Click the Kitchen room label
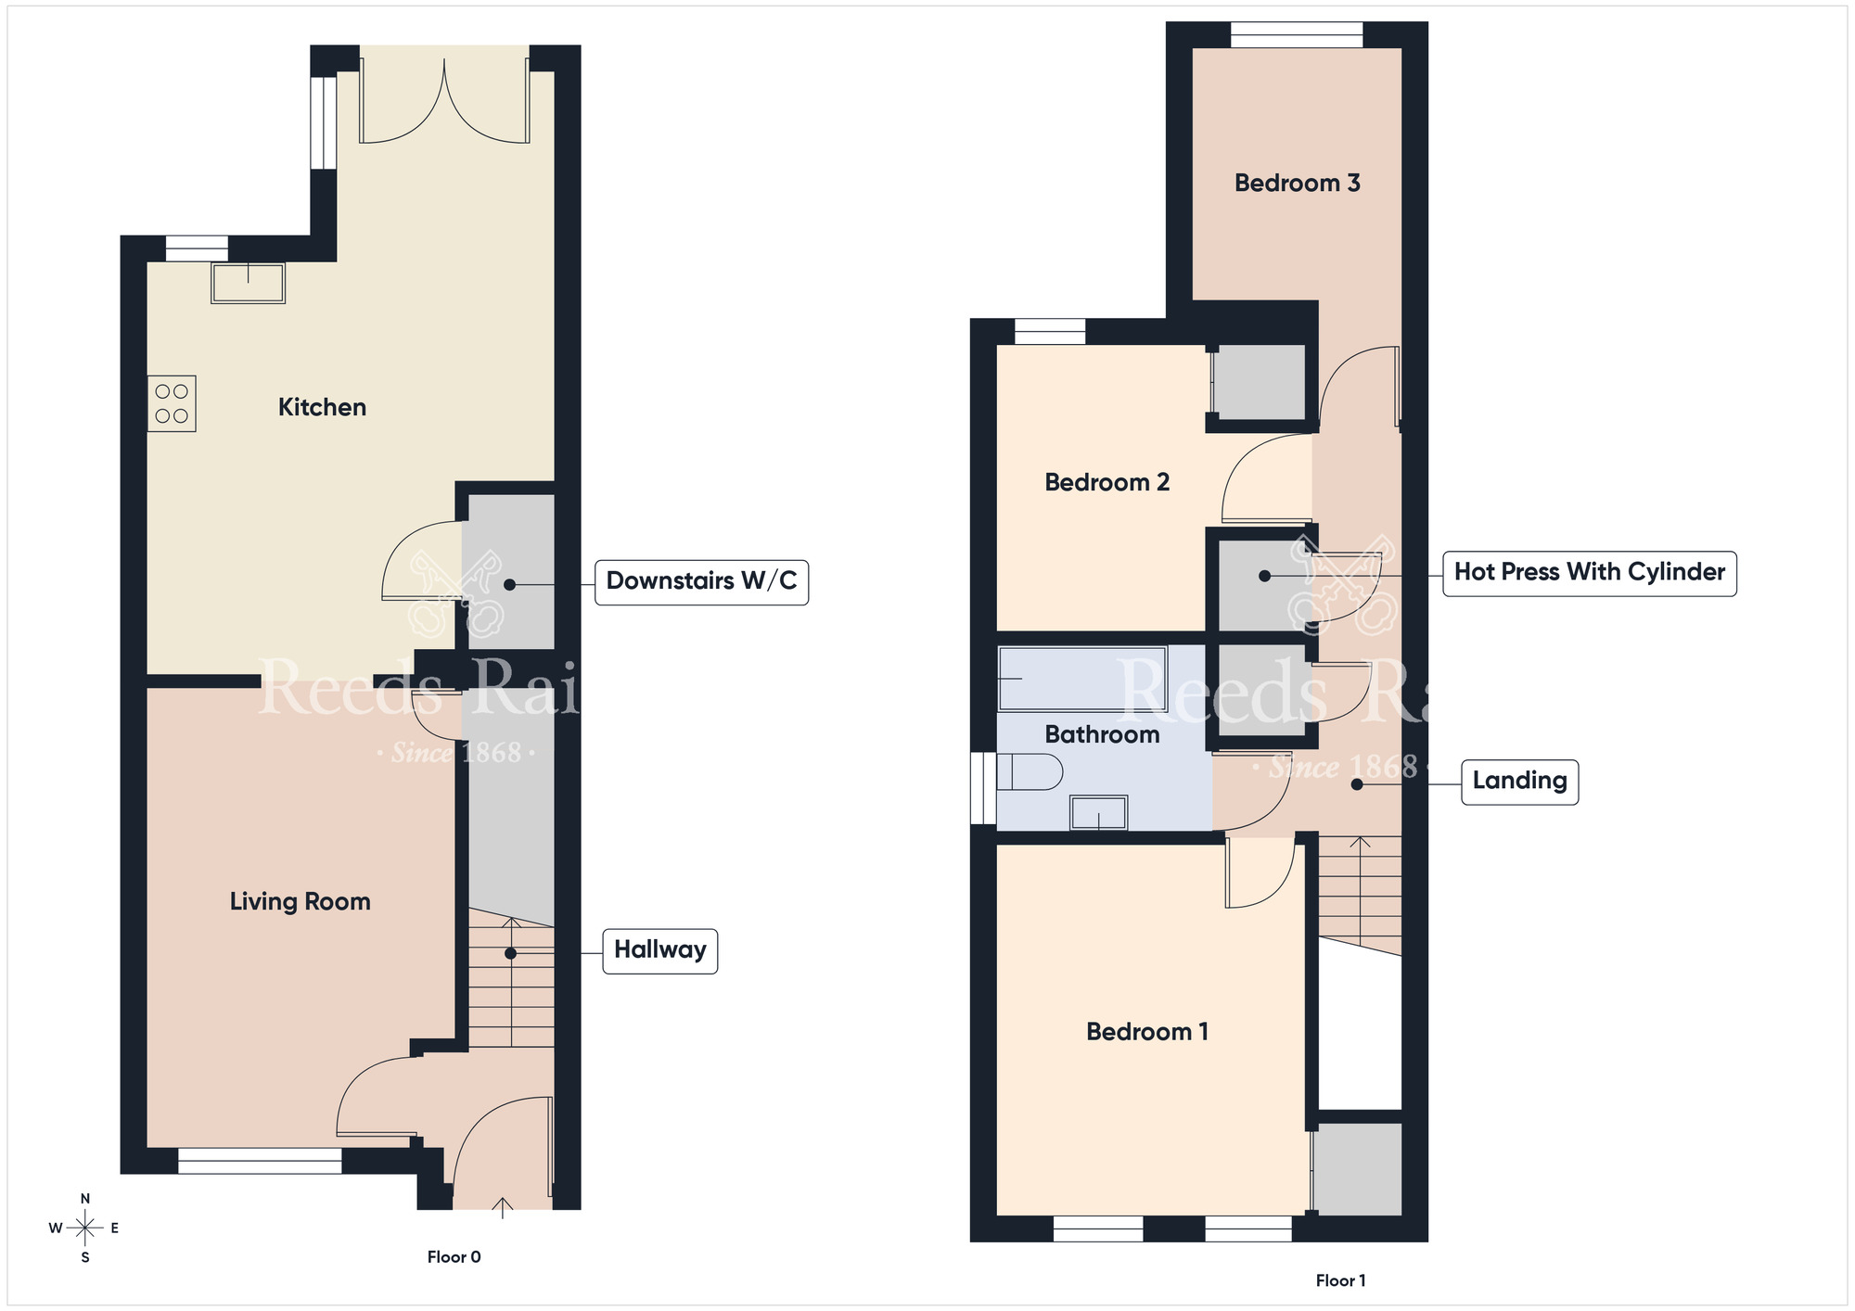tap(322, 407)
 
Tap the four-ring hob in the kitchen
tap(172, 403)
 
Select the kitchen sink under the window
tap(248, 283)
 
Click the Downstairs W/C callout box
tap(701, 581)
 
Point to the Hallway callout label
tap(659, 950)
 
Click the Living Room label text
tap(300, 901)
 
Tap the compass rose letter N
tap(85, 1199)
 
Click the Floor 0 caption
tap(454, 1257)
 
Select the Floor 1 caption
tap(1340, 1280)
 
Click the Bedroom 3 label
tap(1297, 184)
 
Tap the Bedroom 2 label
tap(1107, 482)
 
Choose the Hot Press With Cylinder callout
tap(1589, 572)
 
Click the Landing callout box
tap(1519, 781)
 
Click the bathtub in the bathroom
tap(1081, 679)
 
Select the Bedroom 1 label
tap(1146, 1032)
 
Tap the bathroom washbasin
tap(1098, 813)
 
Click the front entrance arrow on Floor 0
tap(502, 1207)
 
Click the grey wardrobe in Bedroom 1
tap(1357, 1168)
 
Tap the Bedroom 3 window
tap(1296, 35)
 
